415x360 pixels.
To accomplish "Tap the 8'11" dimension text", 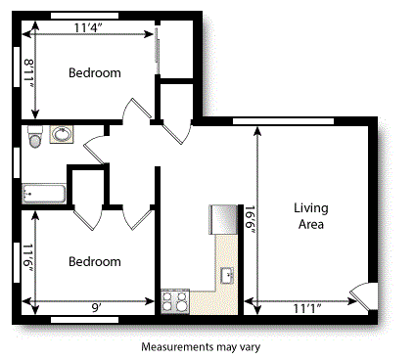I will click(x=29, y=73).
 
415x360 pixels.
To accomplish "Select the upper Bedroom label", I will click(x=95, y=73).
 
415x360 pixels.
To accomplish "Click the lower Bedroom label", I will click(x=95, y=261).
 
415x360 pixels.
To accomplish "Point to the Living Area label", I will click(x=313, y=216).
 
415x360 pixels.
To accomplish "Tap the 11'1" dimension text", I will click(x=309, y=307).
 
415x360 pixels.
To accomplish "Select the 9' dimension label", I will click(x=97, y=307).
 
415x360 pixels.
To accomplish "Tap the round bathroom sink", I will click(x=62, y=134).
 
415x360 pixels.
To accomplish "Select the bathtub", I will click(x=43, y=194).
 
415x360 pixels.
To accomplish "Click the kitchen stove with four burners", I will click(x=175, y=300).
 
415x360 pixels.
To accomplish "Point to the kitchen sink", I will click(x=226, y=276).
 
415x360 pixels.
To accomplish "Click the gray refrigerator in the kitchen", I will click(x=223, y=218).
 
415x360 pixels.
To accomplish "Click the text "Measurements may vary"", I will click(x=200, y=346).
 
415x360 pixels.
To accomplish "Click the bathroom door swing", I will click(x=97, y=150).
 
